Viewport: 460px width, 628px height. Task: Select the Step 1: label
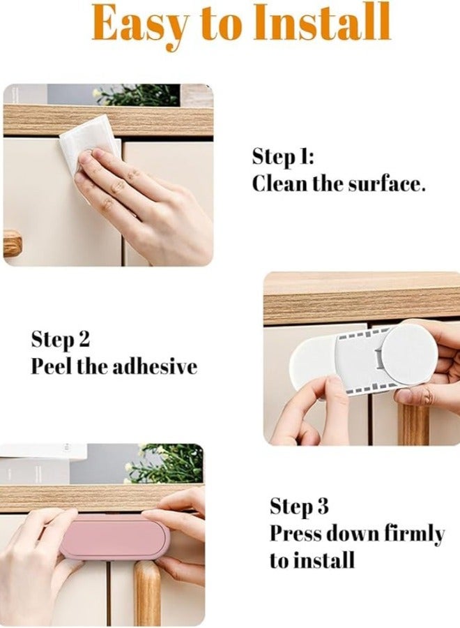pos(283,157)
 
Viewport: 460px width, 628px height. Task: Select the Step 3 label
pos(299,507)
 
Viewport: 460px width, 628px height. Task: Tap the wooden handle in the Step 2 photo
pos(413,422)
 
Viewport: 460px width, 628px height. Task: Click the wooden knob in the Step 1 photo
pos(12,243)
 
